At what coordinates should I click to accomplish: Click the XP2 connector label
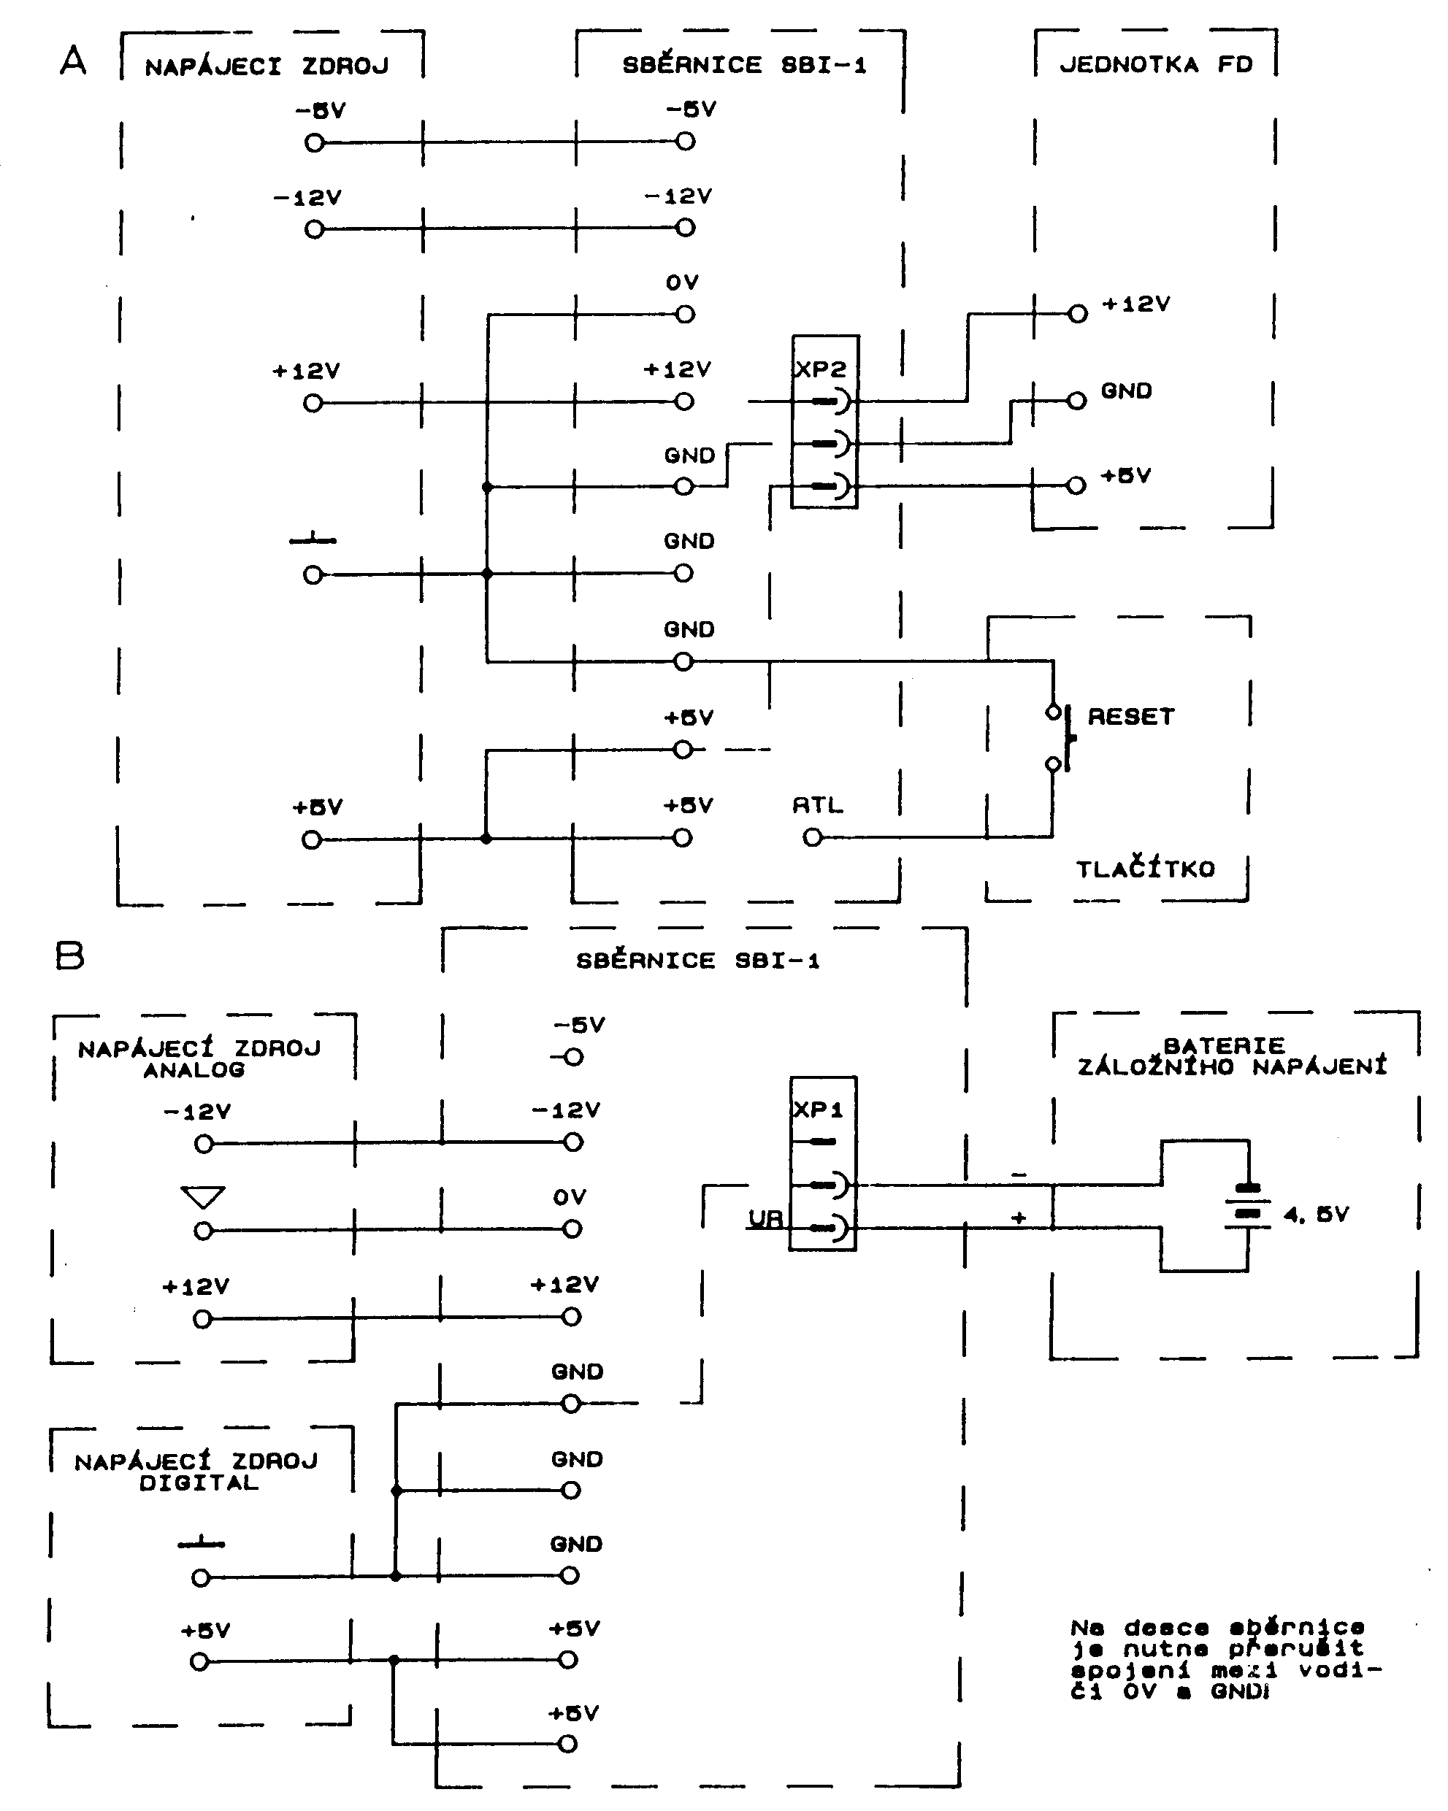[x=820, y=369]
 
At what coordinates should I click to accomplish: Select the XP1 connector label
[x=818, y=1110]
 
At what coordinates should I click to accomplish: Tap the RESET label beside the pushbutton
[x=1131, y=717]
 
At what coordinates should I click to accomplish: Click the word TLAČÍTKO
[x=1146, y=869]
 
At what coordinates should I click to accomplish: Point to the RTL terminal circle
[x=813, y=837]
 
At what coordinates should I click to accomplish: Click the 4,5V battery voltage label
[x=1316, y=1215]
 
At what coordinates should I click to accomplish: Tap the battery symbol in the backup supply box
[x=1249, y=1206]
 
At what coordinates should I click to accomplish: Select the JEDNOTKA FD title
[x=1155, y=65]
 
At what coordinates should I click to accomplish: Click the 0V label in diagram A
[x=683, y=283]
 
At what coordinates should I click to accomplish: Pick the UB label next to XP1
[x=765, y=1219]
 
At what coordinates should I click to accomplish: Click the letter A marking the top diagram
[x=73, y=61]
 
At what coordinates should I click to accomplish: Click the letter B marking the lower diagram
[x=70, y=956]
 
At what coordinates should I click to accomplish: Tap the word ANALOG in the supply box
[x=194, y=1070]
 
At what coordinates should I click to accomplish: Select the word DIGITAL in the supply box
[x=199, y=1483]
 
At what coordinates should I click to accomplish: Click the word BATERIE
[x=1225, y=1046]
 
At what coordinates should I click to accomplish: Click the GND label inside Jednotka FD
[x=1126, y=391]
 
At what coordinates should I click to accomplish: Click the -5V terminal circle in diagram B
[x=573, y=1058]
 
